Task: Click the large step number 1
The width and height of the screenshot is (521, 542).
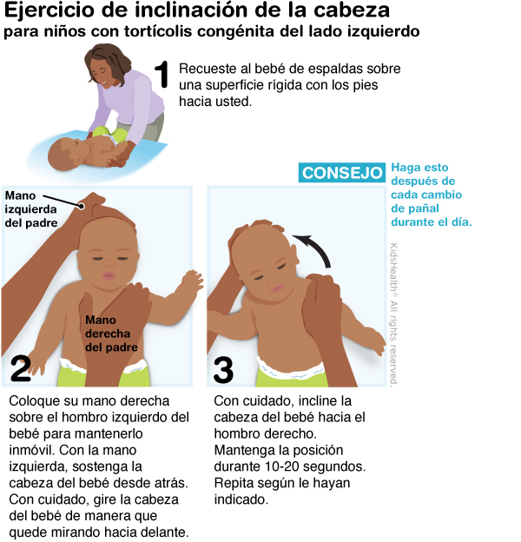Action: pos(162,75)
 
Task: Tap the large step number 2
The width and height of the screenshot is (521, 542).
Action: pos(21,369)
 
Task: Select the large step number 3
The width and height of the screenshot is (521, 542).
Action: pos(223,370)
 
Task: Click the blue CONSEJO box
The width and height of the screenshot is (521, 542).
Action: pos(342,172)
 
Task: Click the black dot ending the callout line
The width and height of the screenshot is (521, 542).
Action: pos(82,207)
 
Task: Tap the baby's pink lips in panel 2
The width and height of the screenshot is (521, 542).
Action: pos(109,275)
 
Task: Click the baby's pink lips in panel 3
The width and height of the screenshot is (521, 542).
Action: pos(277,288)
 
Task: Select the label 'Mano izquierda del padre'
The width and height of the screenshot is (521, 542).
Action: pos(30,209)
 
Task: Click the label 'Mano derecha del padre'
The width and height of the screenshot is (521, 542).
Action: pos(111,334)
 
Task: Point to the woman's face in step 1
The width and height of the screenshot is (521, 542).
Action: pos(102,73)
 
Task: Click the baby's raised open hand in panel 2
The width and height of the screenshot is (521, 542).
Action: pos(192,280)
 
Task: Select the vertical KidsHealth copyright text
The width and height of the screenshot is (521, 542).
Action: pos(393,314)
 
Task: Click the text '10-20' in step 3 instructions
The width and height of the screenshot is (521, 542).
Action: pos(281,466)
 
